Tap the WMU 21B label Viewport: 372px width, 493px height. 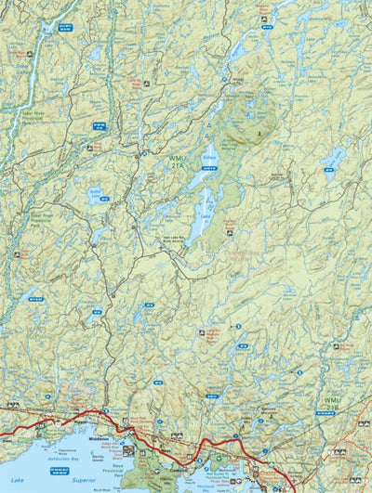[333, 404]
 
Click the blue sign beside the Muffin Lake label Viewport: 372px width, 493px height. [104, 199]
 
